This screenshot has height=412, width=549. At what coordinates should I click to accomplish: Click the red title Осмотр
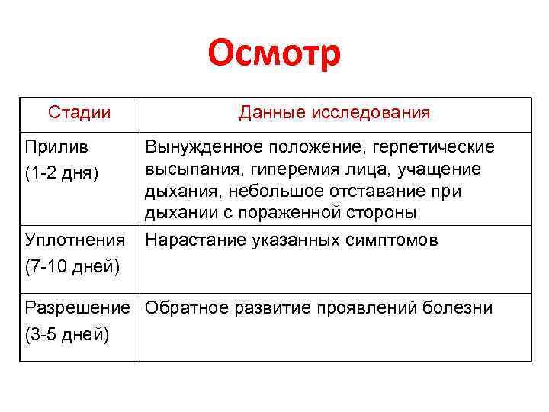point(274,54)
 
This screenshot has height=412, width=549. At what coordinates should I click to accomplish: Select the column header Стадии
point(79,113)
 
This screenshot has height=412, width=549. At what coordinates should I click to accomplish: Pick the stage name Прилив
point(56,146)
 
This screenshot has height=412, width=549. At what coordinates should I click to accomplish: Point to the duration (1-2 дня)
point(62,172)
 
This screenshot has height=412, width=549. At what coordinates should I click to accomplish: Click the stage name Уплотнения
point(75,240)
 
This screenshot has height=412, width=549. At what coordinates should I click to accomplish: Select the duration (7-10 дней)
point(72,267)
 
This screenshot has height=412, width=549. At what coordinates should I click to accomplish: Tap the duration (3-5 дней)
point(68,335)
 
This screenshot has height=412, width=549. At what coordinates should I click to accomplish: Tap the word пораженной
point(294,212)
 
